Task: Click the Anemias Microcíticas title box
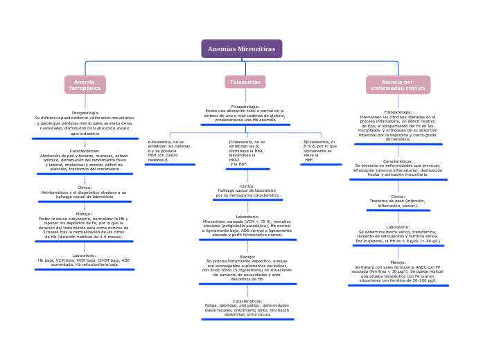tap(241, 49)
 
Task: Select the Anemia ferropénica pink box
tap(85, 85)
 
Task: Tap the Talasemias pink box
tap(245, 82)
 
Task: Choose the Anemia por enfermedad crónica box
tap(398, 85)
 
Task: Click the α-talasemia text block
tap(168, 150)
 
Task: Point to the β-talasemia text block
tap(247, 152)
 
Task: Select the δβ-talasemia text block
tap(319, 150)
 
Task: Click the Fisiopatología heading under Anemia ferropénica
tap(85, 113)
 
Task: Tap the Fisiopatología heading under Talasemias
tap(245, 107)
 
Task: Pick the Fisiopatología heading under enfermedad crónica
tap(398, 112)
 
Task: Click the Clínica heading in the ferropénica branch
tap(85, 188)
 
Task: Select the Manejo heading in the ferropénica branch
tap(84, 214)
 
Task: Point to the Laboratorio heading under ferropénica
tap(84, 255)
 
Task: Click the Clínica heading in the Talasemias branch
tap(247, 186)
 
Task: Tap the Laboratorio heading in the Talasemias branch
tap(247, 217)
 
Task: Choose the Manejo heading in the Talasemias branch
tap(247, 257)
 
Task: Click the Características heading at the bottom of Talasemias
tap(247, 301)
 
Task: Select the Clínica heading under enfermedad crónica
tap(398, 197)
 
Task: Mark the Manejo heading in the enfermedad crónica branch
tap(398, 262)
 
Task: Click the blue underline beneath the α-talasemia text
tap(170, 165)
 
